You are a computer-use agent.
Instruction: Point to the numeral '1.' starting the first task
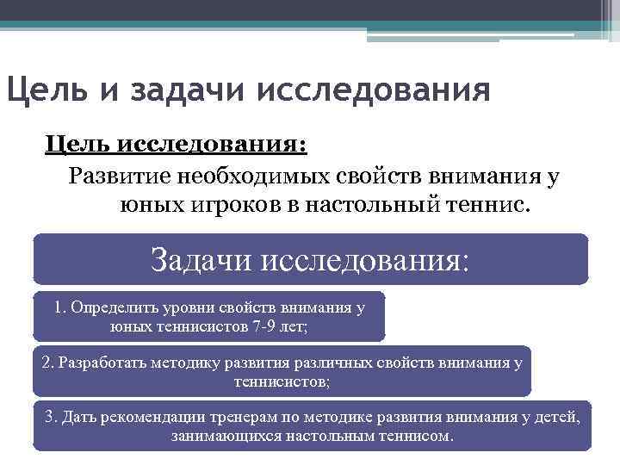point(59,307)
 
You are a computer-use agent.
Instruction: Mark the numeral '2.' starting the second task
point(47,363)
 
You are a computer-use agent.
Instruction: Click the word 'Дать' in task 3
point(78,418)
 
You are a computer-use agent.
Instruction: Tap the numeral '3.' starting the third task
point(51,418)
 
